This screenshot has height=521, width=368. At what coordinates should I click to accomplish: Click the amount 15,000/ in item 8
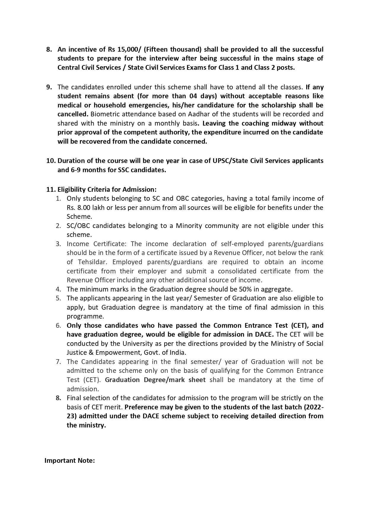click(130, 49)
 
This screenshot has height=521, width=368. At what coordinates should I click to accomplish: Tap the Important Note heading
click(70, 460)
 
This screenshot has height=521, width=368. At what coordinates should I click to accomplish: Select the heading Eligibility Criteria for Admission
click(107, 189)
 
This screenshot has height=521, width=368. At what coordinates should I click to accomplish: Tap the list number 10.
click(51, 161)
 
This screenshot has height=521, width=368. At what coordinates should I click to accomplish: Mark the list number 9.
click(49, 87)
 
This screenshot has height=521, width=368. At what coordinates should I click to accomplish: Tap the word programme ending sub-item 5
click(85, 316)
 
